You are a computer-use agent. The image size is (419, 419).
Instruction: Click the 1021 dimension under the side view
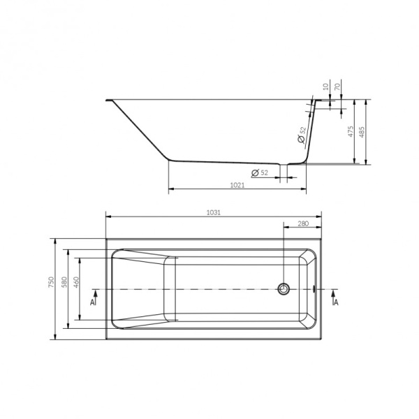pos(237,185)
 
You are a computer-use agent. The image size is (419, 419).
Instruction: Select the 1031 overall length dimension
pos(214,213)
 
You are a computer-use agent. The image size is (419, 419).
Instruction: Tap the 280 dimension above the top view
pos(302,223)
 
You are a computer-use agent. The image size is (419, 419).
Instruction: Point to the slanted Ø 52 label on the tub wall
pos(302,135)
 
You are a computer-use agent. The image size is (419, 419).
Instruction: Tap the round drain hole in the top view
pos(284,288)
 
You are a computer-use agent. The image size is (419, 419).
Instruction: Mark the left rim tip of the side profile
pos(107,100)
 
